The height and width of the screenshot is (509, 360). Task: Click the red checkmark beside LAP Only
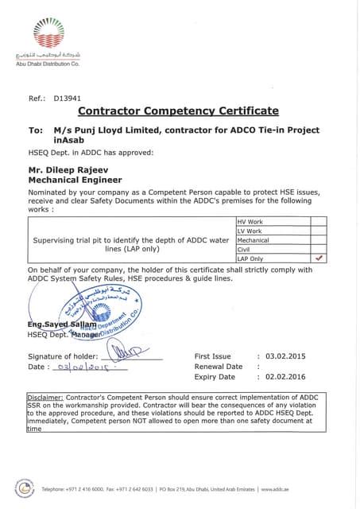click(x=319, y=258)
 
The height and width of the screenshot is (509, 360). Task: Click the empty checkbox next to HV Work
click(x=319, y=222)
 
